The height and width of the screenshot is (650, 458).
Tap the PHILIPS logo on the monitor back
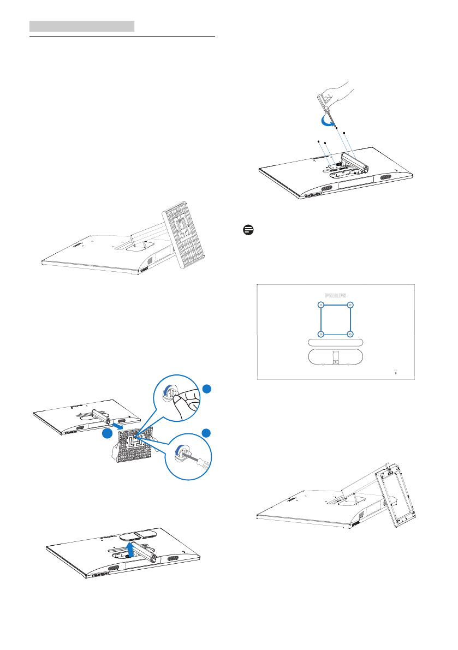[x=335, y=295]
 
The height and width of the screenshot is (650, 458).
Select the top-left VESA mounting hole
[x=321, y=306]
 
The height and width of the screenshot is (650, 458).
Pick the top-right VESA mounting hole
[x=350, y=306]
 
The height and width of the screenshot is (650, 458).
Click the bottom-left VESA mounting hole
[x=321, y=333]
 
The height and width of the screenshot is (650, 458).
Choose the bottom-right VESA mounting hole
[x=350, y=333]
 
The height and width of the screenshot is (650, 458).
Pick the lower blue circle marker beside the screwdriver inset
[x=206, y=433]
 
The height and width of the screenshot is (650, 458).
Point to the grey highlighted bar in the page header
[x=81, y=26]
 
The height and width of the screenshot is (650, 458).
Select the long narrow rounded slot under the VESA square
[x=335, y=342]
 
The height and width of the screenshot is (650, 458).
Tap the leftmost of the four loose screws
[x=318, y=141]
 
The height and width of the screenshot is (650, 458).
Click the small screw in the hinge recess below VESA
[x=335, y=359]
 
